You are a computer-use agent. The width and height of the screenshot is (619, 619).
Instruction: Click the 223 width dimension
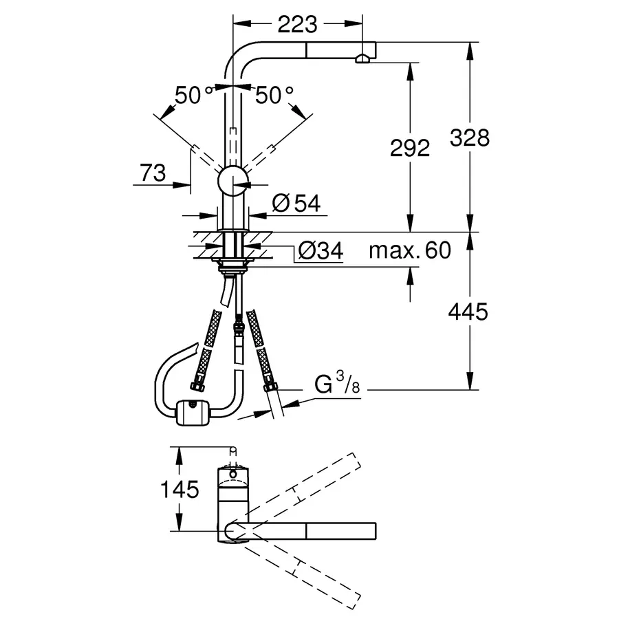297,25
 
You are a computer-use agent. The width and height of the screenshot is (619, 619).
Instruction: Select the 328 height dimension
469,138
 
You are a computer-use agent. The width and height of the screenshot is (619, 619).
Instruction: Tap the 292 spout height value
410,148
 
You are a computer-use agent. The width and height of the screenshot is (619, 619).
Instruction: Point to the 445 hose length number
468,312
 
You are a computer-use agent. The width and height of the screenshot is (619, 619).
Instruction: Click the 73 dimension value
153,173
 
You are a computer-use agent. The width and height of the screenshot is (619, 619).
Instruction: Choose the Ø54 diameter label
296,204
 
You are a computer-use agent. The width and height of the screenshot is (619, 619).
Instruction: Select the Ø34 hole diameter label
321,250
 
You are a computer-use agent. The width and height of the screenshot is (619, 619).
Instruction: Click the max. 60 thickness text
410,250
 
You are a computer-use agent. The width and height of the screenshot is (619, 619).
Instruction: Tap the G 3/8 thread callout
337,382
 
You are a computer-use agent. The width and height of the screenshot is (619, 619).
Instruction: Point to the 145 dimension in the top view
180,490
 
